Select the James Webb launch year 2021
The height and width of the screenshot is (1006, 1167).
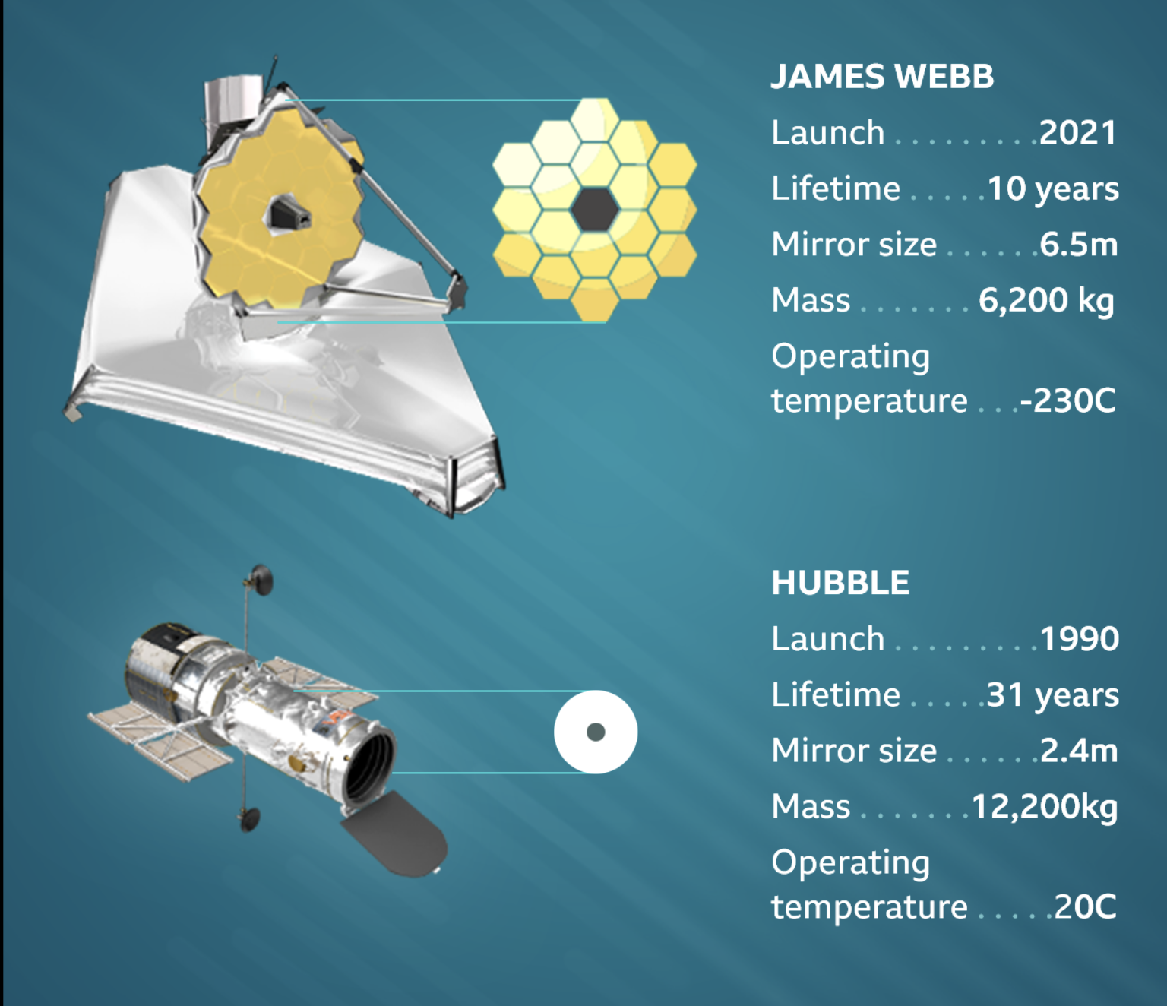1078,133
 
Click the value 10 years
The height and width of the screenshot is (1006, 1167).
1053,189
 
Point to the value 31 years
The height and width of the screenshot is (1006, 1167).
1052,695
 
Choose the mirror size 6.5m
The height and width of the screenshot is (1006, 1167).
1078,245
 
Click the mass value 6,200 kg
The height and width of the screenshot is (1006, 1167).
1046,300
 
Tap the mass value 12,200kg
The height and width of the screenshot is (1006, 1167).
1045,807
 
